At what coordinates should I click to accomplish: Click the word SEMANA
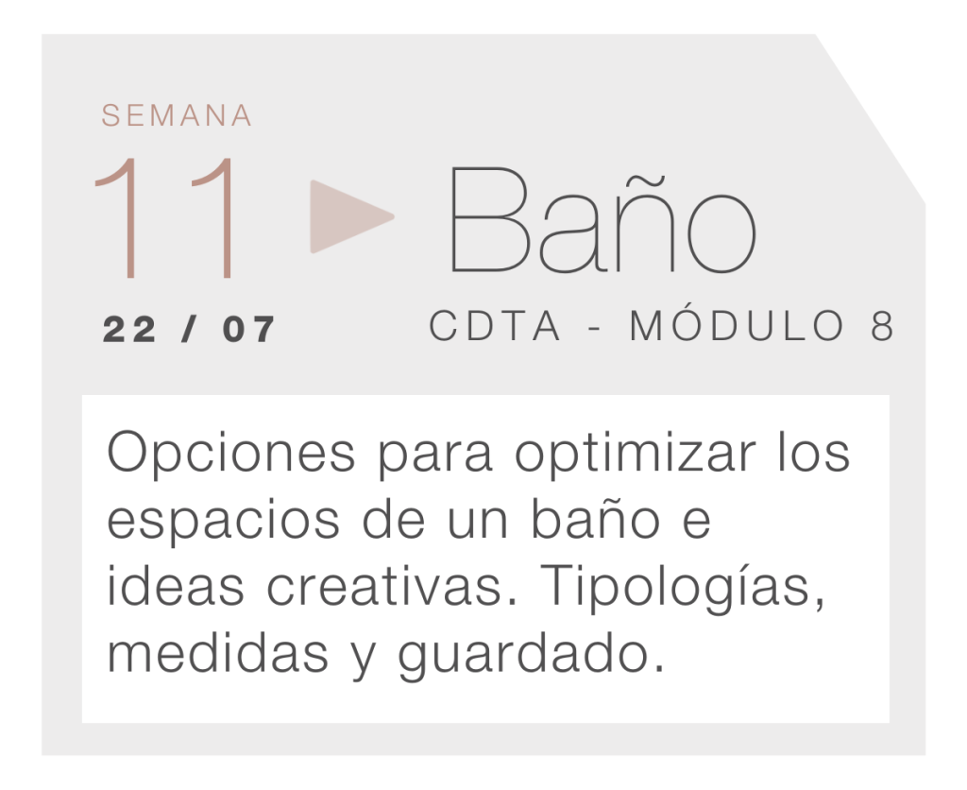point(177,115)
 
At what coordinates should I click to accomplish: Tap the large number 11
point(165,218)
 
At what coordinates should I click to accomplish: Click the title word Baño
point(603,220)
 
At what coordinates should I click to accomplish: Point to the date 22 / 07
point(189,329)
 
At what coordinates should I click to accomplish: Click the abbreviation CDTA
point(495,325)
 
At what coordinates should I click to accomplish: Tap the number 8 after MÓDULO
point(883,325)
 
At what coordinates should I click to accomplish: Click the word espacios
point(223,522)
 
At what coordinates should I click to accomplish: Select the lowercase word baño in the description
point(596,518)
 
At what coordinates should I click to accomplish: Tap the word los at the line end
point(813,453)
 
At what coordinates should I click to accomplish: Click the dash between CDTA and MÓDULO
point(595,328)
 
